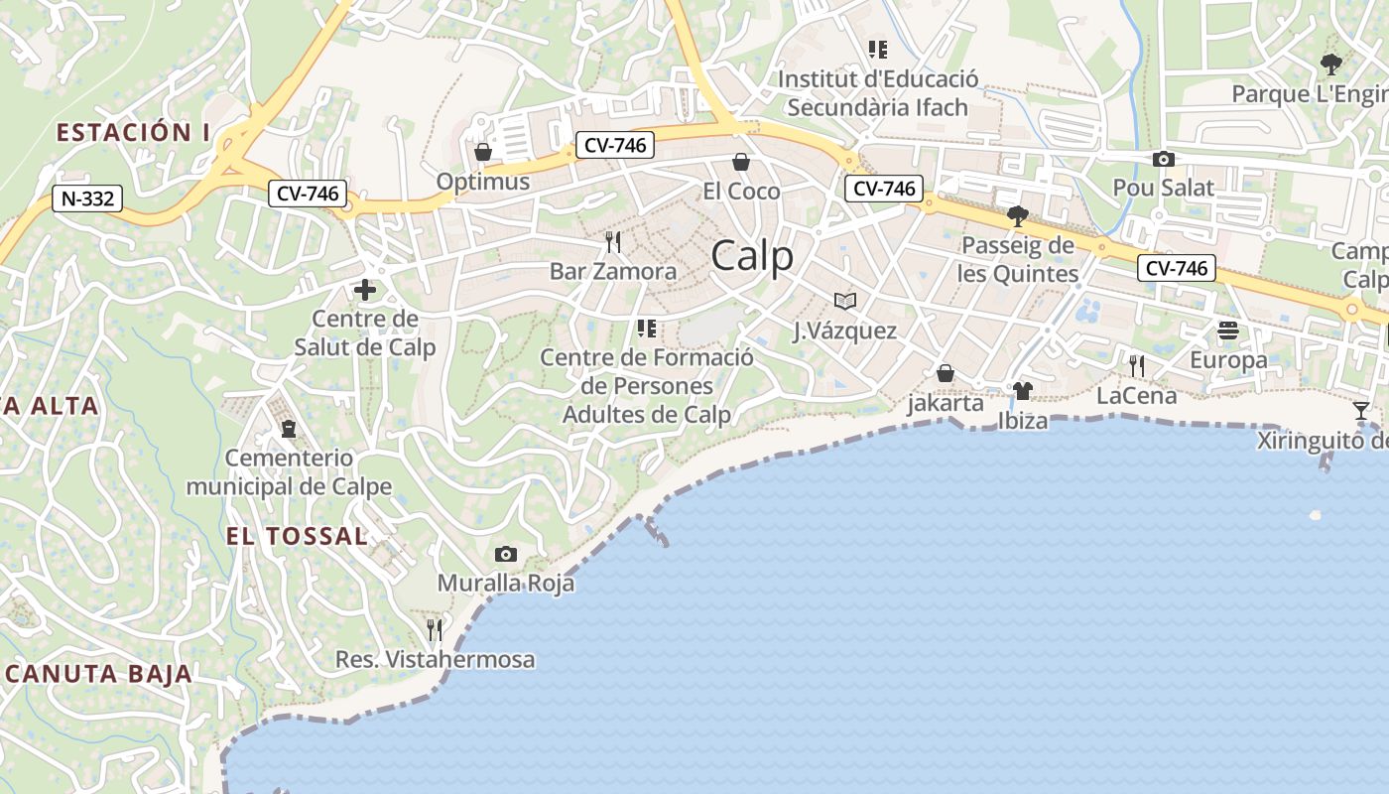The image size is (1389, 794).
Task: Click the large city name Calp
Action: tap(752, 256)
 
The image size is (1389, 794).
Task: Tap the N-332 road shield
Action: tap(87, 198)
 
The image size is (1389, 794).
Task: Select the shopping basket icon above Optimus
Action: tap(483, 152)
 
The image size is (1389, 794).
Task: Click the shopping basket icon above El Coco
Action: tap(740, 162)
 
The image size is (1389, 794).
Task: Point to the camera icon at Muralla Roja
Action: tap(506, 554)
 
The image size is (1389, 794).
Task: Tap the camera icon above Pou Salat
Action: tap(1163, 159)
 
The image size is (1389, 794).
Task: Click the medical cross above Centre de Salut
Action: tap(365, 290)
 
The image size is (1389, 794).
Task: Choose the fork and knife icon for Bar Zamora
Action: tap(613, 242)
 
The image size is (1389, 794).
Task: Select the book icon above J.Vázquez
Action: tap(844, 301)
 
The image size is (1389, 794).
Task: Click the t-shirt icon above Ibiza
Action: tap(1022, 391)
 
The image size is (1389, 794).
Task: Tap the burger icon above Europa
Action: tap(1228, 331)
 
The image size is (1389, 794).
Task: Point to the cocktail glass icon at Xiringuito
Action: tap(1360, 410)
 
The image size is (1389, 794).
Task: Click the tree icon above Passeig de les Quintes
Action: tap(1017, 216)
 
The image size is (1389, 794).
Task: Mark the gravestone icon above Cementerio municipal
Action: tap(289, 429)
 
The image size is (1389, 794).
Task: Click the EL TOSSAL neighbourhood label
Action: tap(297, 536)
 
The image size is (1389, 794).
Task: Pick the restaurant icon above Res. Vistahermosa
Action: tap(435, 629)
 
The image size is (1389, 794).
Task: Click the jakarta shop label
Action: tap(946, 403)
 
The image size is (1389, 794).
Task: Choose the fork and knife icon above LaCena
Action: tap(1137, 366)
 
